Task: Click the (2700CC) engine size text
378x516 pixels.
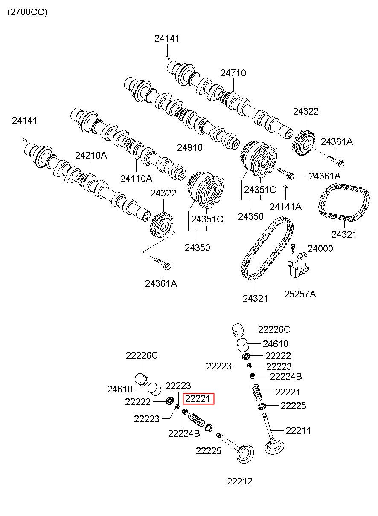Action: point(27,12)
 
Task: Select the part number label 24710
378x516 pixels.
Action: point(233,73)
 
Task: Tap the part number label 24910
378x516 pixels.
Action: point(189,147)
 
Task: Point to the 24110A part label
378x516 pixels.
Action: point(136,178)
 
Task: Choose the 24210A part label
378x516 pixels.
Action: point(91,155)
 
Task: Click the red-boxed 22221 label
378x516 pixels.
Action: point(198,399)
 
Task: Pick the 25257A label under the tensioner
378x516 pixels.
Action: point(300,294)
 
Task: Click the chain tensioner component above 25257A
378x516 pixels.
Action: point(299,266)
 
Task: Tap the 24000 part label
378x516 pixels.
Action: point(320,248)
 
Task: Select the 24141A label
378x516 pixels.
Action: point(285,207)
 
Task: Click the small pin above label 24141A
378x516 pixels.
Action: point(285,186)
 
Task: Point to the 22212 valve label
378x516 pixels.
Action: point(240,481)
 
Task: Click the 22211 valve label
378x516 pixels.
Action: point(298,430)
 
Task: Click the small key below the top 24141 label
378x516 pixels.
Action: point(168,58)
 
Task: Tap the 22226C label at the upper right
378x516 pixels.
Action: point(274,330)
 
